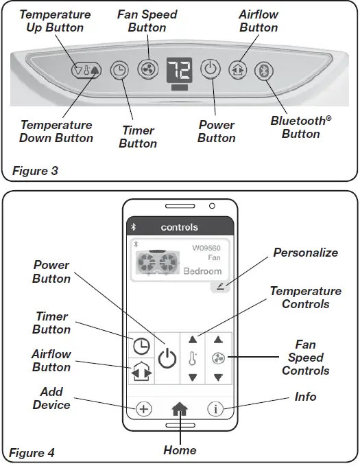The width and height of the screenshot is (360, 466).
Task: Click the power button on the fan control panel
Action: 210,69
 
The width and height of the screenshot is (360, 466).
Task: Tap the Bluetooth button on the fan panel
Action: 263,69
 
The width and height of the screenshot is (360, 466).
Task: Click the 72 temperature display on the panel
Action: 178,69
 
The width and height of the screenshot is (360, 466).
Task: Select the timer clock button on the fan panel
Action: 119,69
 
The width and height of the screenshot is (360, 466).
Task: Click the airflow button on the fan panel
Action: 237,69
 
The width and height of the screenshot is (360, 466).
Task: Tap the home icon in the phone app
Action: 180,408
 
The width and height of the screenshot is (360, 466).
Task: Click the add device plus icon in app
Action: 143,408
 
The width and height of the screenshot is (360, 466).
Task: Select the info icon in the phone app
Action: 216,408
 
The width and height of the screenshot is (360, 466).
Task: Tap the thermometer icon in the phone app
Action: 193,358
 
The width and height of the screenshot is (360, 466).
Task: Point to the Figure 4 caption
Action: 32,452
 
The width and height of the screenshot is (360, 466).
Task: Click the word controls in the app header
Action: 180,226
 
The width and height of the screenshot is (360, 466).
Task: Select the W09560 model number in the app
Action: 206,248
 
